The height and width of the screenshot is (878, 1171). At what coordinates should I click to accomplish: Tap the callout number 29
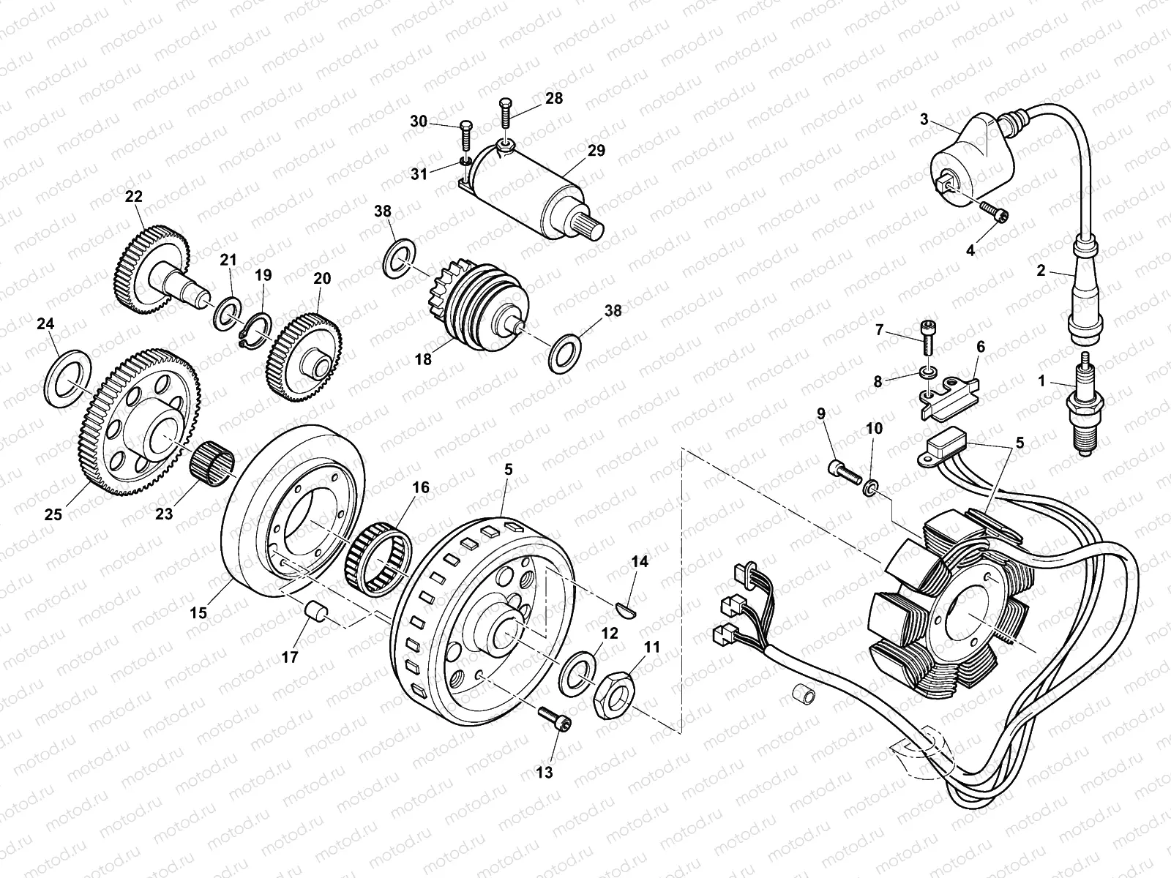[596, 151]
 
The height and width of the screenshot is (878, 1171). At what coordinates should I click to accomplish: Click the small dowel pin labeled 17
[315, 611]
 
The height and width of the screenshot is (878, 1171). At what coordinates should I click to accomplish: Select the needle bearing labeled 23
[213, 465]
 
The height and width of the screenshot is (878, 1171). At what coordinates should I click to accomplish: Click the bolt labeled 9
[845, 471]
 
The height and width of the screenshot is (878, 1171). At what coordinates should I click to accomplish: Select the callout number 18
[423, 359]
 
